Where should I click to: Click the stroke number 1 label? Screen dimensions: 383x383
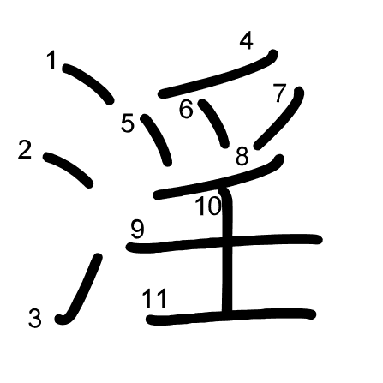[x=52, y=60]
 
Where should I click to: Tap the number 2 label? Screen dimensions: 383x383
[x=25, y=149]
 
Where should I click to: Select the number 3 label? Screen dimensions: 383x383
[x=35, y=318]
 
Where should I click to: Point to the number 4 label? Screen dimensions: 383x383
[x=247, y=41]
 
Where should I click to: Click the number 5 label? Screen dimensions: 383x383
[x=128, y=123]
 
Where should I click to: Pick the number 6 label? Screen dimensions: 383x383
[x=186, y=109]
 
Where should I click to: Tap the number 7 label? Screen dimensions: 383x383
[x=279, y=93]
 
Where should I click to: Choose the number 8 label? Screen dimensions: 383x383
[x=242, y=156]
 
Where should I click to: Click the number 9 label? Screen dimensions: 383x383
[x=138, y=230]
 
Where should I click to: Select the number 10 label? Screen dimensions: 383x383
[x=208, y=206]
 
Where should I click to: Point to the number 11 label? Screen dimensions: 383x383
[x=154, y=298]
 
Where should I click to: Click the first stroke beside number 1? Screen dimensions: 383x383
[x=87, y=83]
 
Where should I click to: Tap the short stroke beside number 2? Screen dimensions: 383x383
[x=68, y=169]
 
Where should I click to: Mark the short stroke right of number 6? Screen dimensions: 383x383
[x=215, y=123]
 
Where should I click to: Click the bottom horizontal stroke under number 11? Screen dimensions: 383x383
[x=230, y=316]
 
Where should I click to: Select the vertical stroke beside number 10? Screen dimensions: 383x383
[x=227, y=250]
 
